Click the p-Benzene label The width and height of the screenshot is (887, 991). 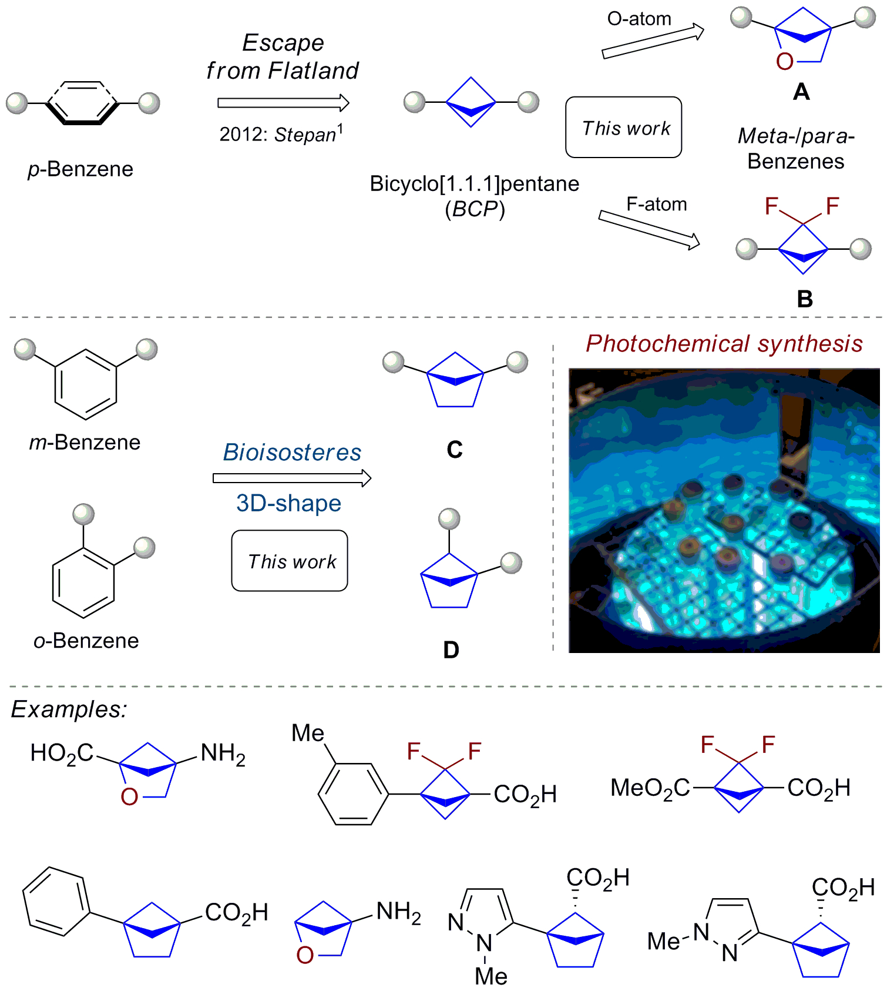click(80, 169)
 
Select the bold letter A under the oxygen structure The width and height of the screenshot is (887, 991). click(801, 92)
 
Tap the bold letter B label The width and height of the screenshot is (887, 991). click(805, 299)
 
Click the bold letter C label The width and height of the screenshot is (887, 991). click(455, 450)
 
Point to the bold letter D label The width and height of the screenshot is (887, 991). click(451, 650)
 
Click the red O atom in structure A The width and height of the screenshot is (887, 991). click(785, 62)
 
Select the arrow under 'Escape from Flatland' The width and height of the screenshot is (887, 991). click(283, 103)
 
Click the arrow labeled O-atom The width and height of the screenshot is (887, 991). click(653, 41)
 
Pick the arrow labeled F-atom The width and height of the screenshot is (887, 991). click(649, 229)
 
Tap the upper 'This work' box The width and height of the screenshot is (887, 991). click(624, 128)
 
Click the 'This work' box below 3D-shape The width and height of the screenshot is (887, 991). click(290, 561)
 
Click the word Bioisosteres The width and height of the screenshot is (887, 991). click(292, 453)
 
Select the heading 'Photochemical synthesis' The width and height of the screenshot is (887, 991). click(724, 344)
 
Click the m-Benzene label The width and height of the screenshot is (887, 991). click(85, 442)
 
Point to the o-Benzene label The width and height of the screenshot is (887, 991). click(86, 641)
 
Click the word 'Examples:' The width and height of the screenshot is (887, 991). click(69, 709)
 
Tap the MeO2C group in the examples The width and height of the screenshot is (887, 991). click(650, 788)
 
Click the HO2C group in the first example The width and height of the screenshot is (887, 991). click(62, 753)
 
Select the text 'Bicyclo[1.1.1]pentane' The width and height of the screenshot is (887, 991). click(474, 184)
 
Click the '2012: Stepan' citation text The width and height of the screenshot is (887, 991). click(281, 134)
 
